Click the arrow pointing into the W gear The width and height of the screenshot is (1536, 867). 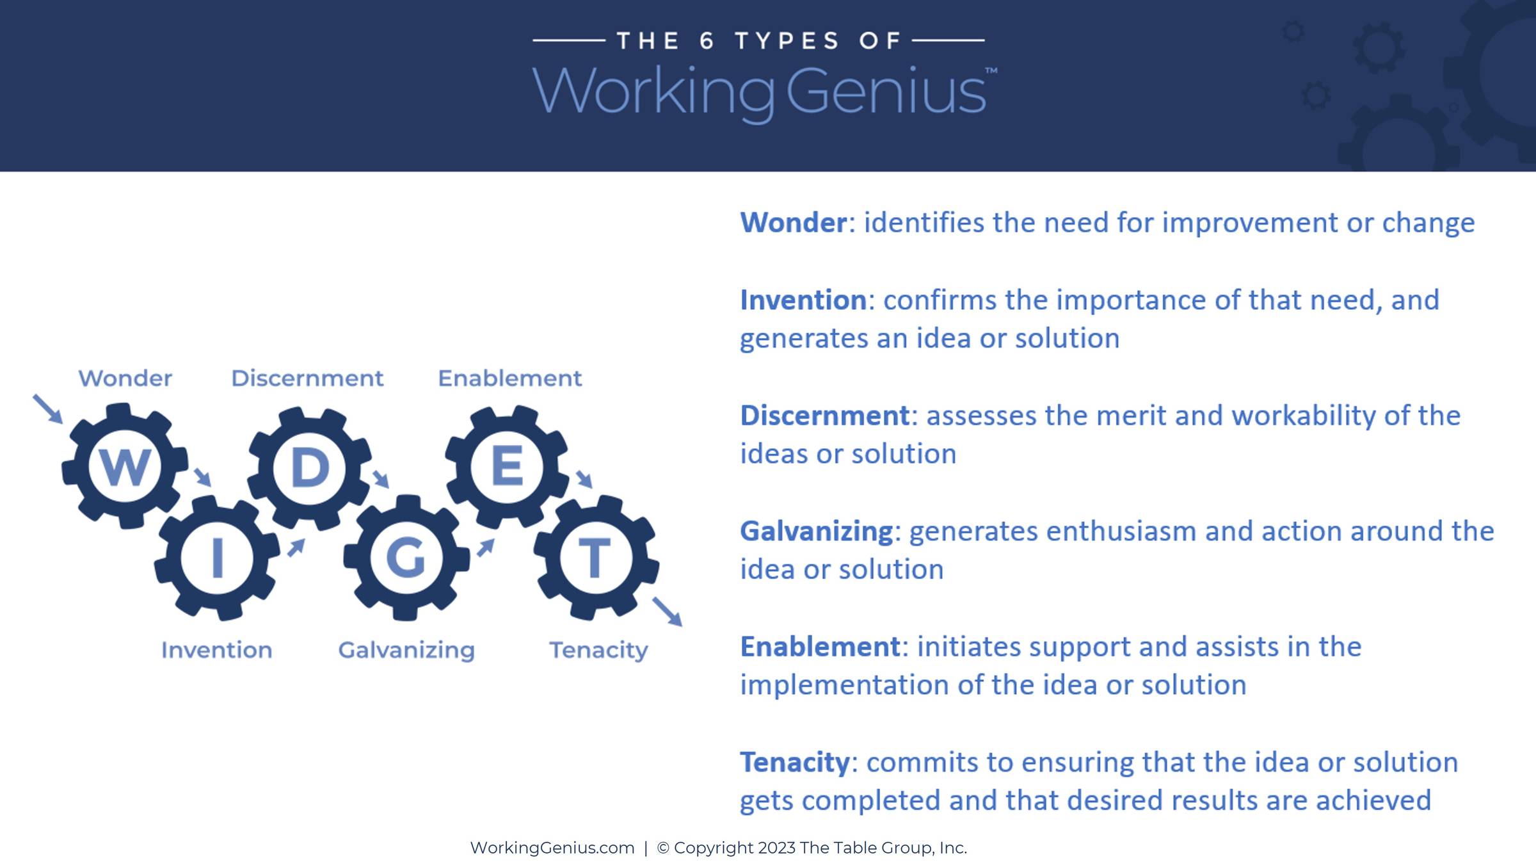pyautogui.click(x=47, y=409)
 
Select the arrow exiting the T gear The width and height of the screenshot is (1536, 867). pyautogui.click(x=668, y=612)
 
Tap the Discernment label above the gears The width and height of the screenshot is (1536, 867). pyautogui.click(x=307, y=378)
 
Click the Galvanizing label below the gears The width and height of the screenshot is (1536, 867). pyautogui.click(x=406, y=651)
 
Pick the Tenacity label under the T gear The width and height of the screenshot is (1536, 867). pyautogui.click(x=599, y=651)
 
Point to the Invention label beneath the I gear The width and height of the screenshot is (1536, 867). pyautogui.click(x=216, y=650)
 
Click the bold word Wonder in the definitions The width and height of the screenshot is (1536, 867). pyautogui.click(x=794, y=223)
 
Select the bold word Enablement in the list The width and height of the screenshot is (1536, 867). pyautogui.click(x=820, y=647)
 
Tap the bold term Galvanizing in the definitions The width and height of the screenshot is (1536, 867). pyautogui.click(x=817, y=532)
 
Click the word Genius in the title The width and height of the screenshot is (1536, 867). pyautogui.click(x=886, y=92)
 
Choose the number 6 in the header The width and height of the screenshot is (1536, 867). pyautogui.click(x=707, y=41)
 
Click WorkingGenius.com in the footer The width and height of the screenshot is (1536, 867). pyautogui.click(x=552, y=848)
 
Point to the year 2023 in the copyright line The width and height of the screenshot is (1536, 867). pyautogui.click(x=776, y=848)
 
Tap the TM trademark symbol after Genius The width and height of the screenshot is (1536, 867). pyautogui.click(x=991, y=70)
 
